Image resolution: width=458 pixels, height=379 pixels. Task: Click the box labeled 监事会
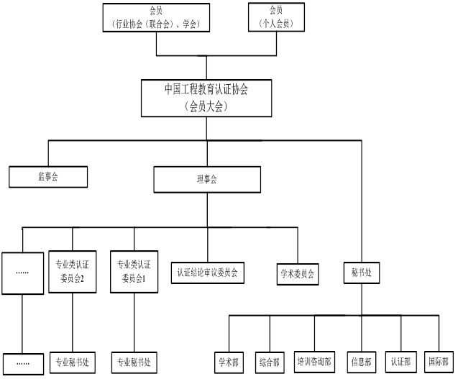(47, 177)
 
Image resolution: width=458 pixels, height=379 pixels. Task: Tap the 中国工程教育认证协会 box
(206, 97)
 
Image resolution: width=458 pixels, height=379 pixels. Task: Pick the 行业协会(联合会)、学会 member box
(156, 17)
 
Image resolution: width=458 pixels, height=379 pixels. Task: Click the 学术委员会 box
(297, 274)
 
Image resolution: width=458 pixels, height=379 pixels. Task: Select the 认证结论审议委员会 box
(207, 273)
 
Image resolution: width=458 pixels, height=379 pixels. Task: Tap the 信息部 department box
(361, 362)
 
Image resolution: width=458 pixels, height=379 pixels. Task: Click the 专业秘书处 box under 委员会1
(135, 362)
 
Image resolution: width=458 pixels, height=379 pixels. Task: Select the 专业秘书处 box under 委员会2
(73, 362)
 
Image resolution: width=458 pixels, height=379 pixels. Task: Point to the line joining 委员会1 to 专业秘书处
(135, 323)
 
